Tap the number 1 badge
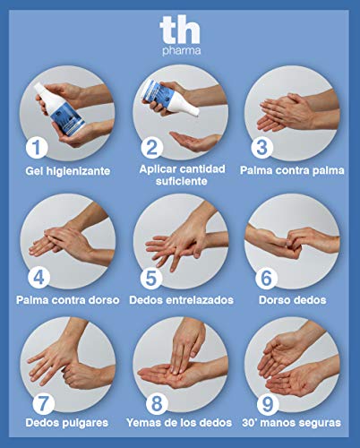[36, 146]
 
